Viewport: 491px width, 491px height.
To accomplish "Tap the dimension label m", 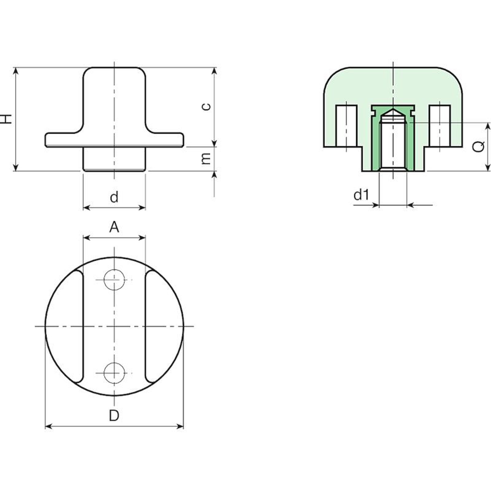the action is [207, 158].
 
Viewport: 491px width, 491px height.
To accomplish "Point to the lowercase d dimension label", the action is [114, 197].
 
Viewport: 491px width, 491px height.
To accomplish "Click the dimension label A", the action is [114, 227].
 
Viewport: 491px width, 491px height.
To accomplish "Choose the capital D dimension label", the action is [114, 416].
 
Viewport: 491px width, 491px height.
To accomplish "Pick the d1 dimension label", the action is [361, 195].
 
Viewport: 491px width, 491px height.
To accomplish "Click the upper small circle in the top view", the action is [114, 280].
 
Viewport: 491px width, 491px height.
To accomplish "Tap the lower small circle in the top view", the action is [114, 373].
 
